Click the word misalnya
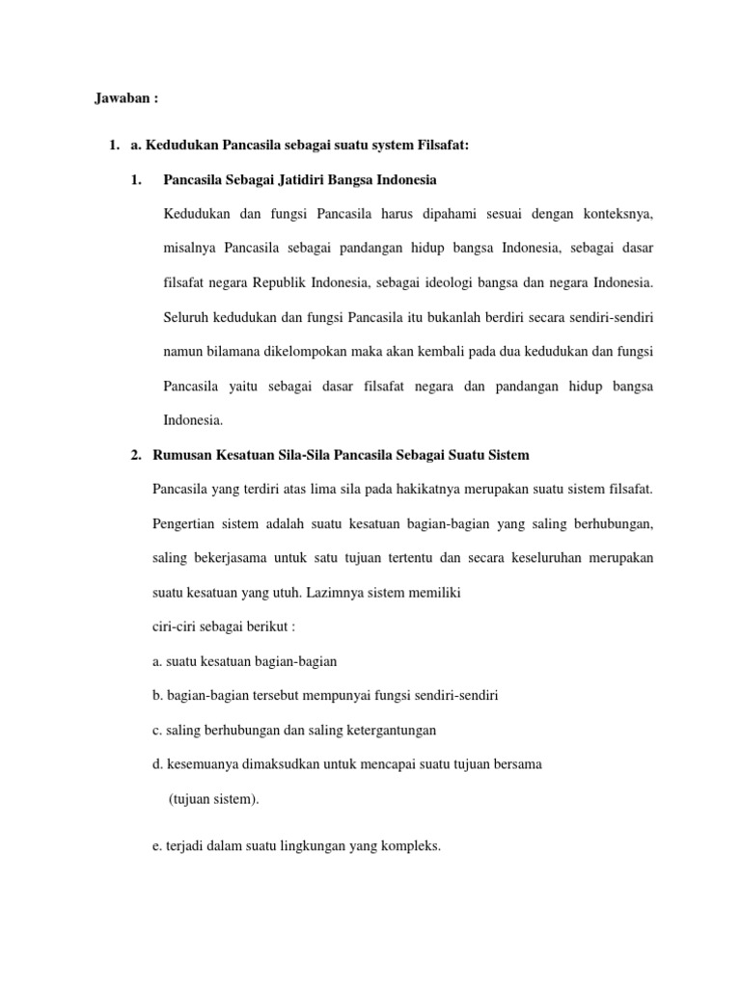[x=190, y=248]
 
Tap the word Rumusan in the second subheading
[x=185, y=454]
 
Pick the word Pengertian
[x=186, y=523]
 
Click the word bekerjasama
[x=233, y=558]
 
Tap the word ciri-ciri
[x=176, y=627]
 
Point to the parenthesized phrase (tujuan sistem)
[x=213, y=799]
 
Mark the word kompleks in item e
[x=410, y=846]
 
